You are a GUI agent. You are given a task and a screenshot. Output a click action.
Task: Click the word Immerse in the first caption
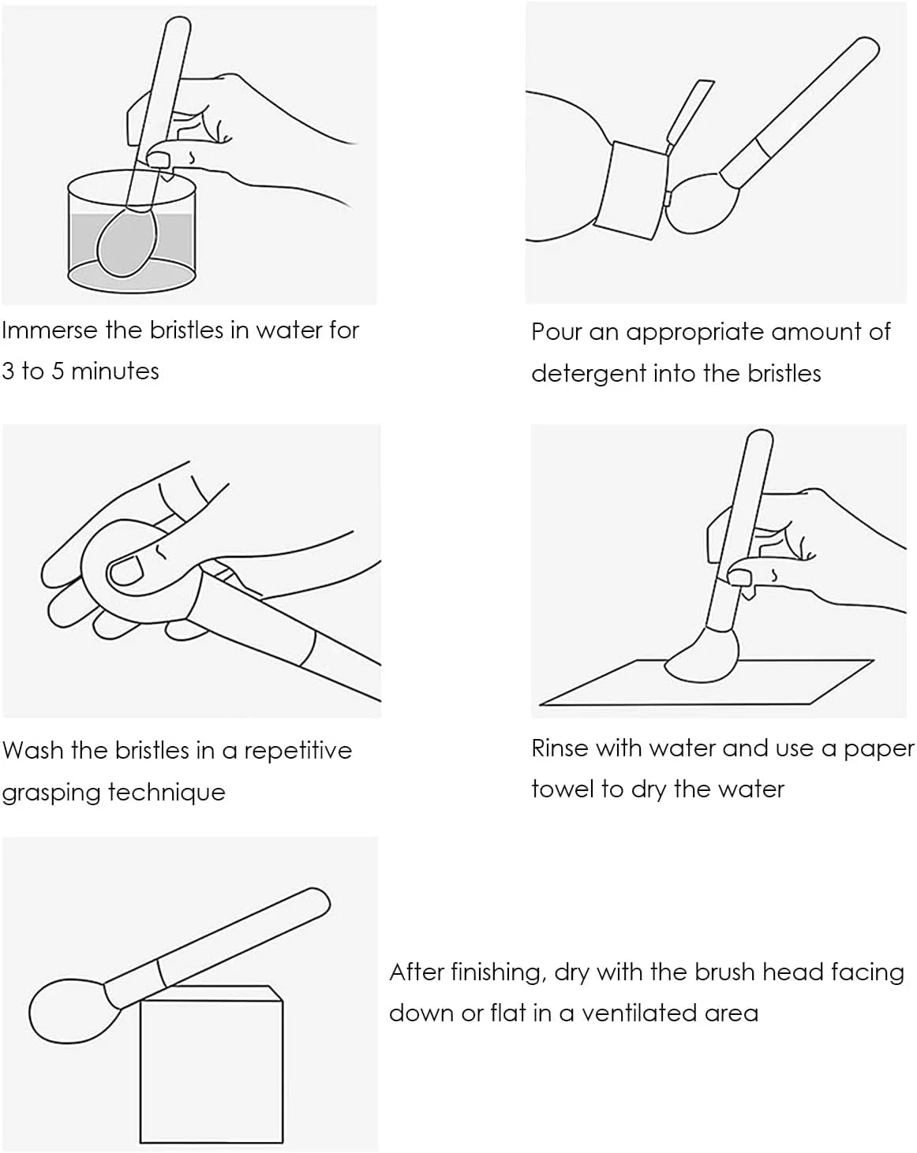pyautogui.click(x=50, y=330)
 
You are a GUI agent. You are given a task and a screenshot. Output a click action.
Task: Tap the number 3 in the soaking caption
pyautogui.click(x=8, y=371)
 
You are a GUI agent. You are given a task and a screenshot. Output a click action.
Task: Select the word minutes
pyautogui.click(x=114, y=371)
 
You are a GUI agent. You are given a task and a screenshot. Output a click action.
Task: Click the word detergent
pyautogui.click(x=588, y=375)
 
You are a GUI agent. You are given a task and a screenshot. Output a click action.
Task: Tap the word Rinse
pyautogui.click(x=560, y=748)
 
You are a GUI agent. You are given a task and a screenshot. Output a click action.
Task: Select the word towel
pyautogui.click(x=562, y=789)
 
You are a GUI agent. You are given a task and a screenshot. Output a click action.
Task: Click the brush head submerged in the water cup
pyautogui.click(x=127, y=243)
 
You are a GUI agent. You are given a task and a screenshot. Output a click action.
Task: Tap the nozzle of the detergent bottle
pyautogui.click(x=691, y=113)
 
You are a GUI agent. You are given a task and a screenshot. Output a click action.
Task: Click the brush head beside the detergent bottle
pyautogui.click(x=702, y=203)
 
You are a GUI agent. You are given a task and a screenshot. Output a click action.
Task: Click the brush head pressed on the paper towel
pyautogui.click(x=702, y=656)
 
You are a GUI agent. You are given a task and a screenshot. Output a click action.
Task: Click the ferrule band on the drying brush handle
pyautogui.click(x=160, y=973)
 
